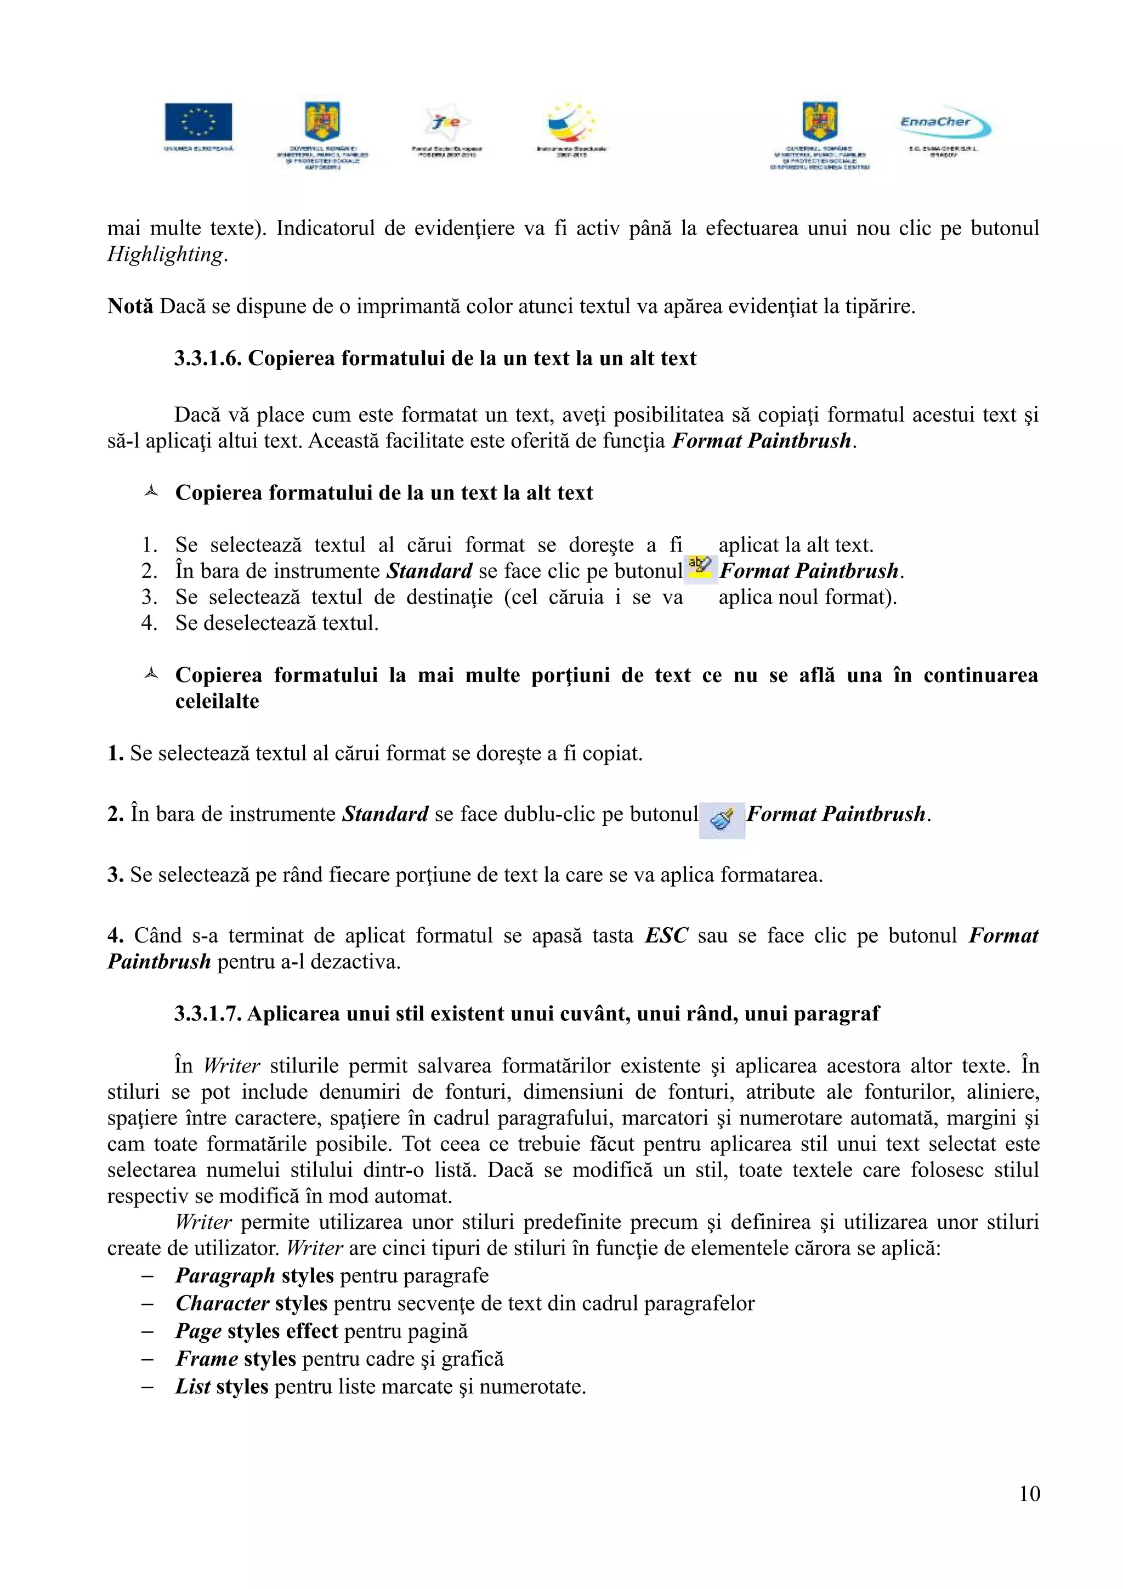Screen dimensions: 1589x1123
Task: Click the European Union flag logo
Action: coord(198,122)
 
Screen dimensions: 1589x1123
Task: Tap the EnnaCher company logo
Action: coord(944,124)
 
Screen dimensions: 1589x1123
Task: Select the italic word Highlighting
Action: coord(166,254)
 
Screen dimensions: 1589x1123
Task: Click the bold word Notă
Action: coord(130,306)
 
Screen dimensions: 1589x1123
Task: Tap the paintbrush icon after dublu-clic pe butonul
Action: coord(722,820)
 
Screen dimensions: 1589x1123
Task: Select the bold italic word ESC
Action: coord(666,937)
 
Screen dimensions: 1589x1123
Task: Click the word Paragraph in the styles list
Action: coord(225,1275)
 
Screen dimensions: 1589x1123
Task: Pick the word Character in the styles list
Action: coord(222,1303)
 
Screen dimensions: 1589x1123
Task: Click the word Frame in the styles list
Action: coord(207,1359)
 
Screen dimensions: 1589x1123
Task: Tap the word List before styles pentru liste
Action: coord(193,1386)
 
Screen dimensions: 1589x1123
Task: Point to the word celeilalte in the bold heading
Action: coord(217,701)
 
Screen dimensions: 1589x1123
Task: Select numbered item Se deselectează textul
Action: coord(277,623)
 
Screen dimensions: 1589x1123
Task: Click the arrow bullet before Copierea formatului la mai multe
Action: coord(151,673)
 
